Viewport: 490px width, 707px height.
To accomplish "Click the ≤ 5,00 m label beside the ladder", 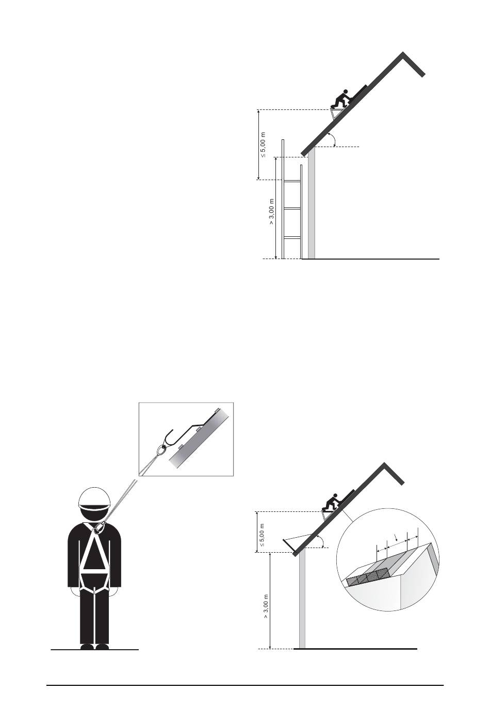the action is [x=263, y=145].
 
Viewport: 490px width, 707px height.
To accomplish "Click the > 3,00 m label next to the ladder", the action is [x=272, y=212].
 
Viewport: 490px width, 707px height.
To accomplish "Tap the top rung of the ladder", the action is [x=292, y=181].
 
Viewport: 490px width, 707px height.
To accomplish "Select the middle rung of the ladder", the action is [x=292, y=208].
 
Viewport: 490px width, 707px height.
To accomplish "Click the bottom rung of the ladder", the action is [x=292, y=237].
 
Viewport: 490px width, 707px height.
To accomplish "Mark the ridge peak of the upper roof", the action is [x=403, y=53].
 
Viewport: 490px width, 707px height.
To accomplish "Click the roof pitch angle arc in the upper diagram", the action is [x=334, y=139].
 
